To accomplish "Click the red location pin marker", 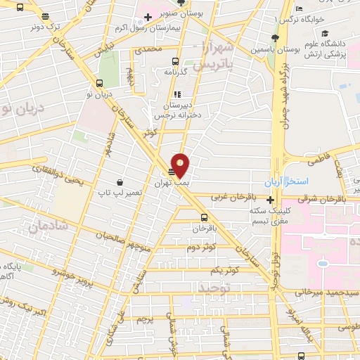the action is pos(181,165).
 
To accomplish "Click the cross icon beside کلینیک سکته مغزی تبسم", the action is pos(271,200).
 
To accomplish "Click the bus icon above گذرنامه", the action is pos(176,60).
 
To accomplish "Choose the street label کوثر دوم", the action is pos(201,247).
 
